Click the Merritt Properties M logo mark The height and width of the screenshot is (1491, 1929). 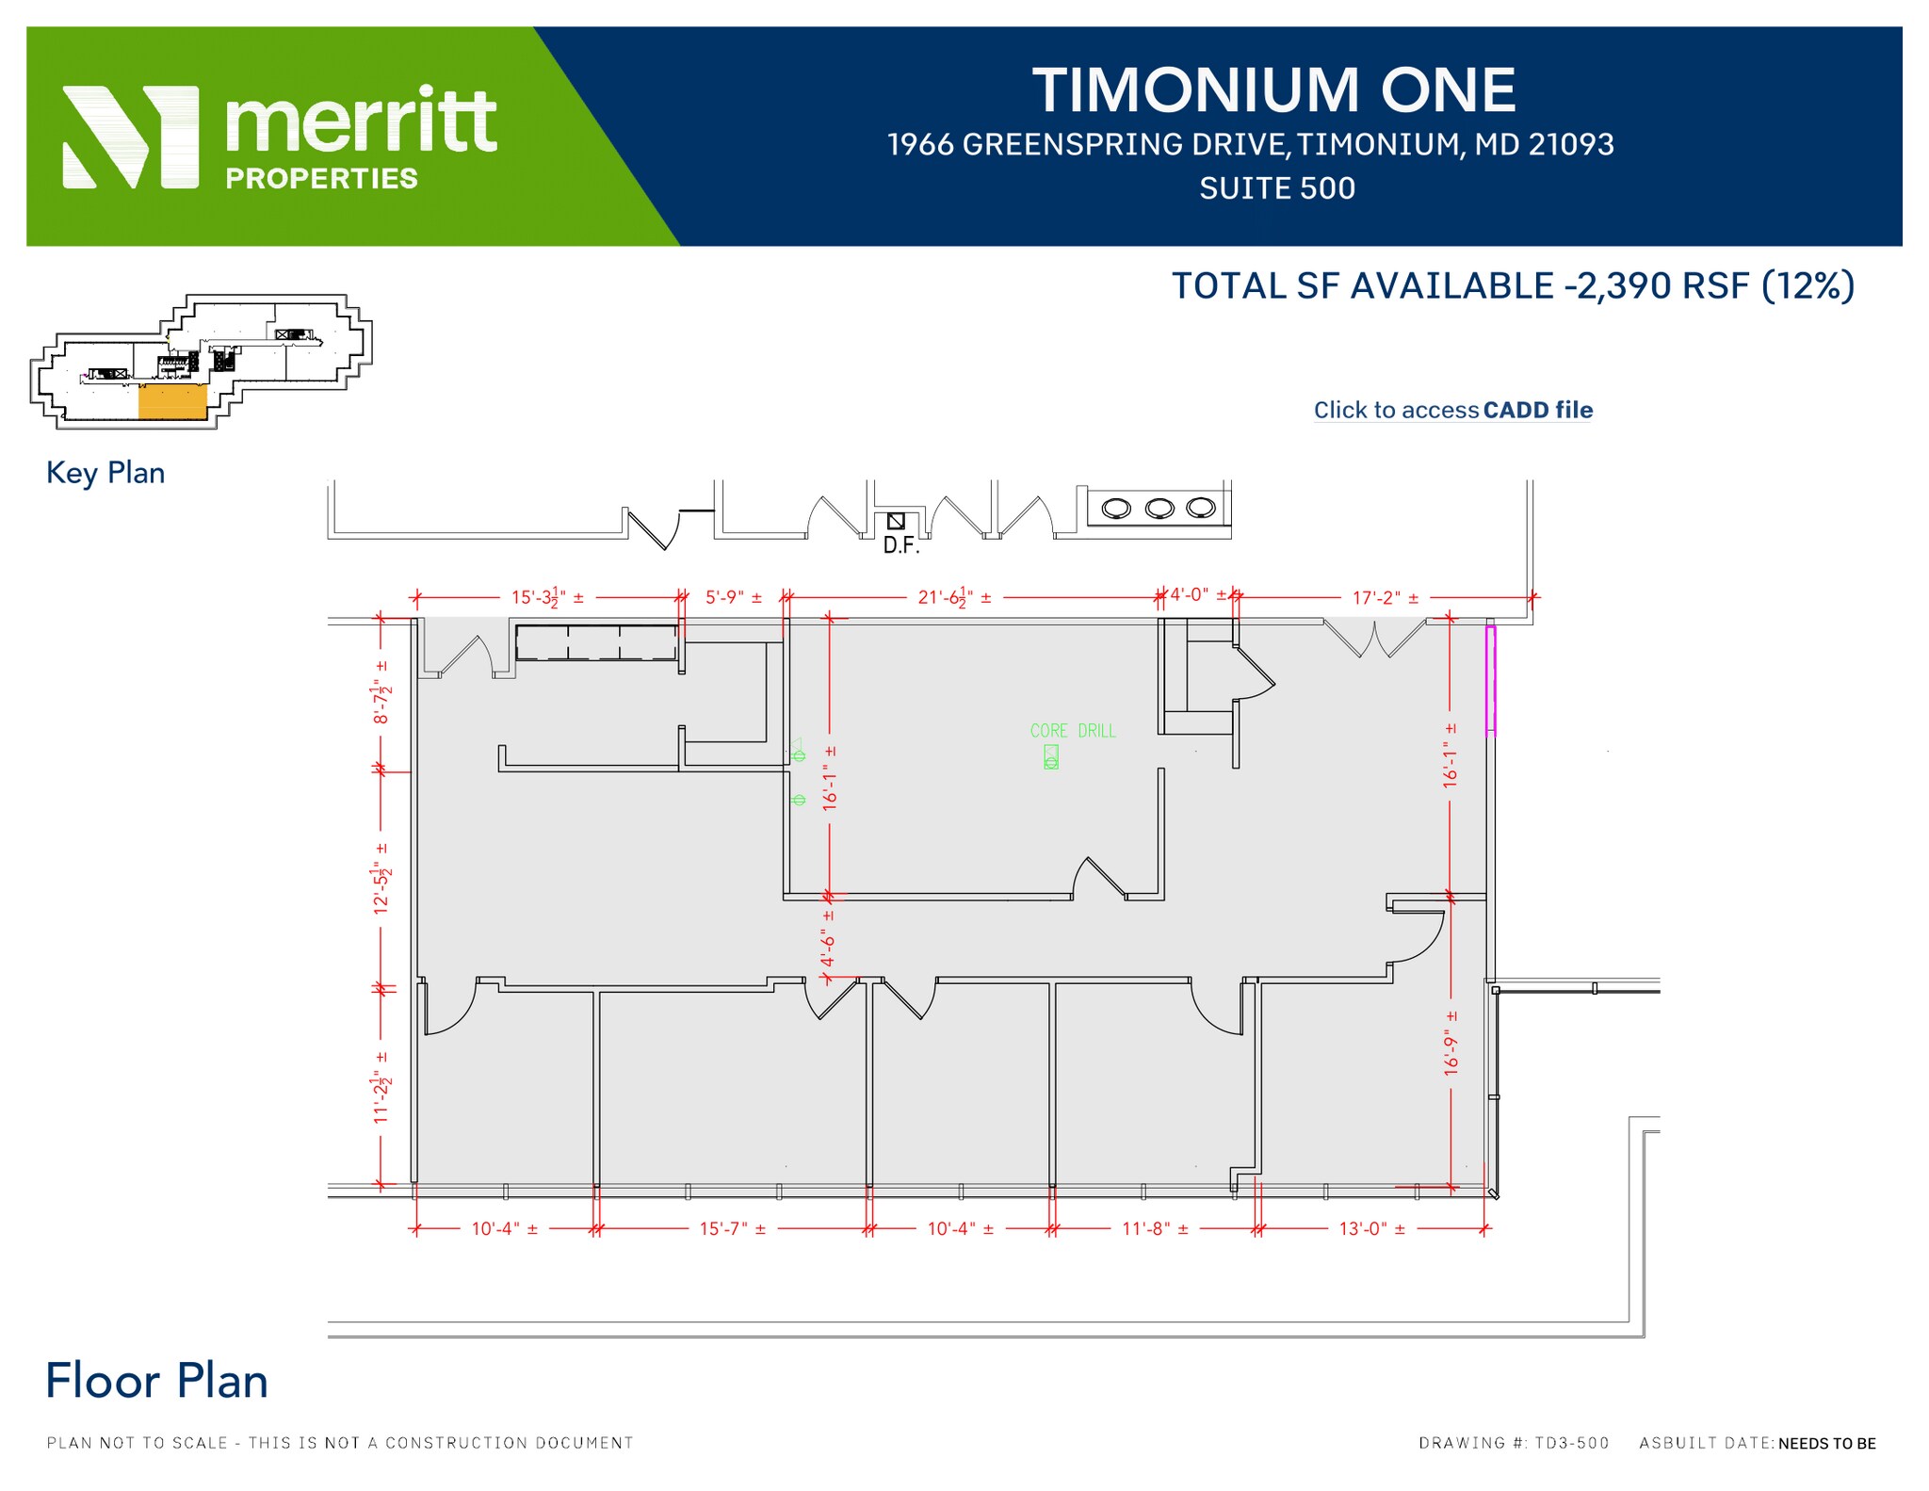tap(131, 138)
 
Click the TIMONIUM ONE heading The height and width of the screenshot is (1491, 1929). tap(1274, 90)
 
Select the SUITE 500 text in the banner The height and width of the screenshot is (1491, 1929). tap(1277, 188)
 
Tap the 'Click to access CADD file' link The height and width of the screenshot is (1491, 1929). tap(1452, 410)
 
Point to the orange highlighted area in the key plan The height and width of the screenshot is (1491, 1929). tap(172, 401)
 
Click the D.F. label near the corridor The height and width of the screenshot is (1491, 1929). tap(900, 545)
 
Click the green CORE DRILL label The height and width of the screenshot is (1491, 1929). tap(1072, 731)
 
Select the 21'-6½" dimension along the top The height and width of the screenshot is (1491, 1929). tap(954, 597)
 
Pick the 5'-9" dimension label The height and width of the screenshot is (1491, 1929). tap(734, 597)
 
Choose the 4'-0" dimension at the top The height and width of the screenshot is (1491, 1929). tap(1197, 595)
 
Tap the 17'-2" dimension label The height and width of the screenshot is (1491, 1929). tap(1385, 598)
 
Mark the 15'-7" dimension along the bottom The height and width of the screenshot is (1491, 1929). tap(732, 1229)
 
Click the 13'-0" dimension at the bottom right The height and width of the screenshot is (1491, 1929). tap(1371, 1229)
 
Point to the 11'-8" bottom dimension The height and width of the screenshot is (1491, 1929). tap(1155, 1229)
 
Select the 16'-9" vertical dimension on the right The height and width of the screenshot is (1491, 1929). tap(1451, 1043)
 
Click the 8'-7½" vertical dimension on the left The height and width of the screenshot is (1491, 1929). tap(381, 692)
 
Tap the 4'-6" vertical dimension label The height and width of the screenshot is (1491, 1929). tap(828, 939)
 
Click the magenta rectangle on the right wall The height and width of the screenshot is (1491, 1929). tap(1491, 679)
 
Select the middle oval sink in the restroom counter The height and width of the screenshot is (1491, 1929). tap(1159, 509)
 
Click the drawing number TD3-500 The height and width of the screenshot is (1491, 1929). tap(1571, 1443)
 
